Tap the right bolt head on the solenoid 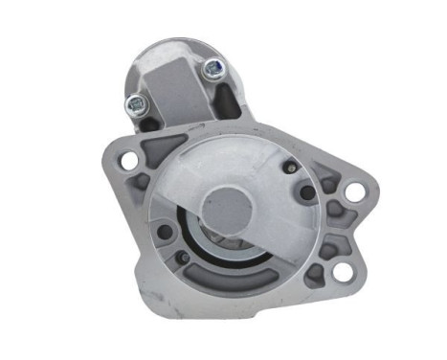(213, 67)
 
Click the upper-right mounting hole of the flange (354, 191)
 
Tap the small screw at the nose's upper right (287, 169)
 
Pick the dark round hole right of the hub (306, 192)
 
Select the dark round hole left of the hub (165, 231)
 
